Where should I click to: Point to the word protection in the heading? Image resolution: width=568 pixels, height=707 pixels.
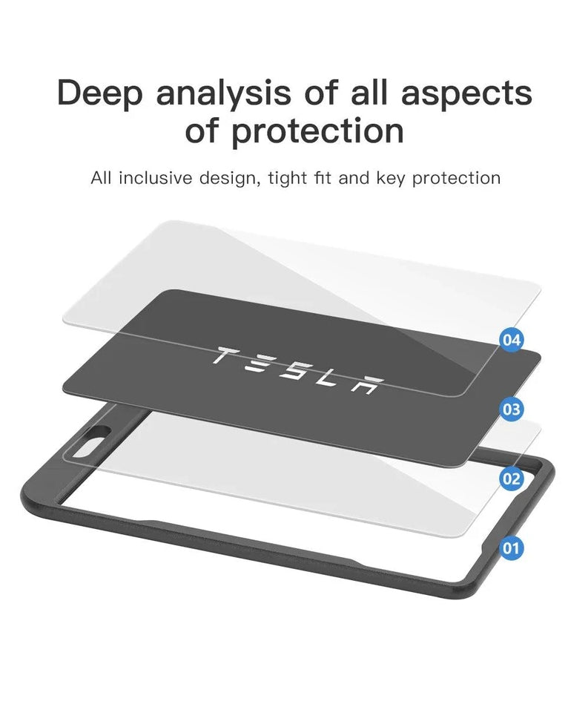click(x=318, y=131)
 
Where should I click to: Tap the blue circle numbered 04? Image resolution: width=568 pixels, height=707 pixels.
click(x=512, y=341)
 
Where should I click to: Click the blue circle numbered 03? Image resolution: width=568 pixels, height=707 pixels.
click(x=512, y=409)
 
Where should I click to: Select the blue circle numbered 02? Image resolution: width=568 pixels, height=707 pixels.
click(x=512, y=479)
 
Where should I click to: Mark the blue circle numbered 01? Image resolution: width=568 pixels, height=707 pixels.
click(x=512, y=548)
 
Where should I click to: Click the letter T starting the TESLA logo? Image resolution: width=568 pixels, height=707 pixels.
click(x=223, y=357)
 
